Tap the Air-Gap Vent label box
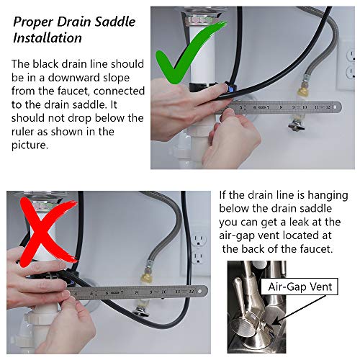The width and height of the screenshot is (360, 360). pyautogui.click(x=300, y=287)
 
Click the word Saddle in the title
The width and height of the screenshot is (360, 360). pyautogui.click(x=114, y=22)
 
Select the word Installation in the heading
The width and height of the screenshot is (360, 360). pyautogui.click(x=48, y=38)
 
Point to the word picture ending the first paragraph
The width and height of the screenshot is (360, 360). pyautogui.click(x=30, y=145)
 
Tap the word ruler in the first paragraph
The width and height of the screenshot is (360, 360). pyautogui.click(x=22, y=132)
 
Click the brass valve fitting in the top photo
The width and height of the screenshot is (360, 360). pyautogui.click(x=302, y=91)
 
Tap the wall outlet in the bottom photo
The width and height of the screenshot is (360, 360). pyautogui.click(x=199, y=249)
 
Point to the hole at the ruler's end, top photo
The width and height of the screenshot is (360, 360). pyautogui.click(x=336, y=107)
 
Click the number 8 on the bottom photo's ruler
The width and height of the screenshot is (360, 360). pyautogui.click(x=136, y=292)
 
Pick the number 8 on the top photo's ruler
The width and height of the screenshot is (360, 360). pyautogui.click(x=281, y=107)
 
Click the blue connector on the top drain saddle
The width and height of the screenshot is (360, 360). pyautogui.click(x=230, y=89)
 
